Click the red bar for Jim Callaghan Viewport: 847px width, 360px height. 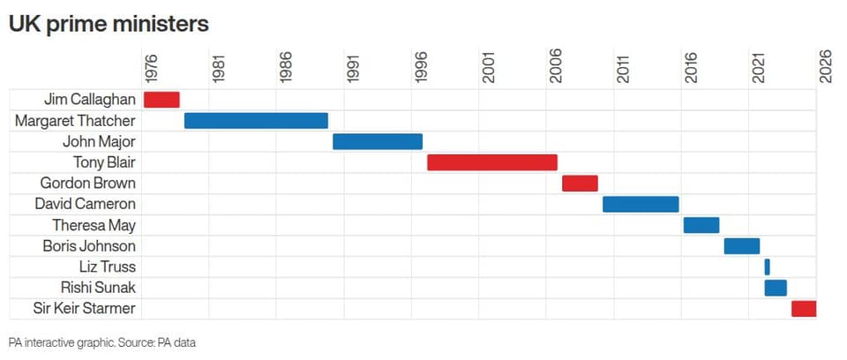(161, 100)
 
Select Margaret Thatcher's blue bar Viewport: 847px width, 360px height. (256, 121)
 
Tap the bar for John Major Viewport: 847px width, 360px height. (378, 142)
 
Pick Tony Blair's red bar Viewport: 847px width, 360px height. (492, 162)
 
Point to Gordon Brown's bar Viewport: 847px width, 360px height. (580, 184)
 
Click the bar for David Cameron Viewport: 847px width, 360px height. (641, 205)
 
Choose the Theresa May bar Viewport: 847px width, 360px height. (701, 225)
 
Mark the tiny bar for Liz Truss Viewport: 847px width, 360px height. (767, 267)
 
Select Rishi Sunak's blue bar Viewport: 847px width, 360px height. (776, 289)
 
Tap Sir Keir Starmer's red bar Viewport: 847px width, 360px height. (804, 309)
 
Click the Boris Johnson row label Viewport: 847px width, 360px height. (89, 246)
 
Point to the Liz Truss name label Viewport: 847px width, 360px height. (107, 267)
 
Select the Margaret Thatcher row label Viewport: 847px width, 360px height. (75, 121)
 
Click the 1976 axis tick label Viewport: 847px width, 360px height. (151, 68)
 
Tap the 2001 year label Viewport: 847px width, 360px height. (488, 68)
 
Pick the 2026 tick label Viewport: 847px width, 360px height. (826, 68)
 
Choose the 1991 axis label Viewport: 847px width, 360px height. (353, 68)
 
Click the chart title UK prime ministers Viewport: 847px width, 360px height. (109, 25)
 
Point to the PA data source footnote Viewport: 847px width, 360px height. (102, 342)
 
